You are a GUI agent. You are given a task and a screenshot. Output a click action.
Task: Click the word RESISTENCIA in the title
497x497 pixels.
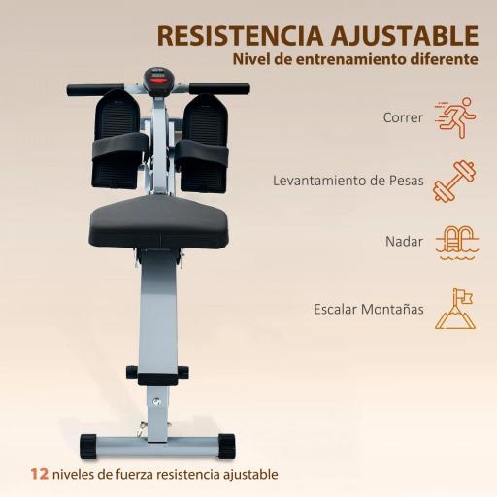click(237, 34)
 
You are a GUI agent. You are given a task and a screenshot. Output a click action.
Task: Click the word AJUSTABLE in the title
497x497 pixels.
click(403, 34)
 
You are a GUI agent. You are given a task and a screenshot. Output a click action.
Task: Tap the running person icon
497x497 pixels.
click(455, 116)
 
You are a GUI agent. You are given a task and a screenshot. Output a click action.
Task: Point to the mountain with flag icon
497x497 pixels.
click(454, 307)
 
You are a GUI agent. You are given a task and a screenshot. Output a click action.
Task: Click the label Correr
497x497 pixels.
click(404, 117)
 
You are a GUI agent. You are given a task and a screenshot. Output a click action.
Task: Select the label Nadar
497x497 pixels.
click(403, 242)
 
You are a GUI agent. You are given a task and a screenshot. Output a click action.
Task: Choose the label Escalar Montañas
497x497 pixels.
click(369, 309)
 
